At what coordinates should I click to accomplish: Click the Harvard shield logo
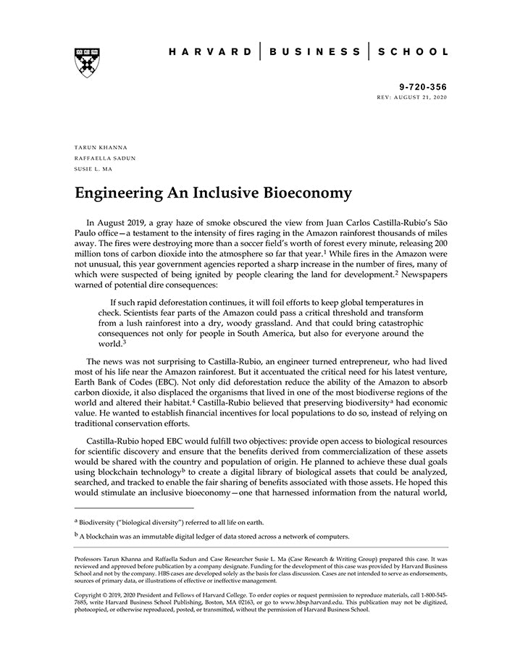point(87,62)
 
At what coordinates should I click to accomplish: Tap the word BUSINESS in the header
point(315,52)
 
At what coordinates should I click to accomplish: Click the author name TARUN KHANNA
point(101,148)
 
